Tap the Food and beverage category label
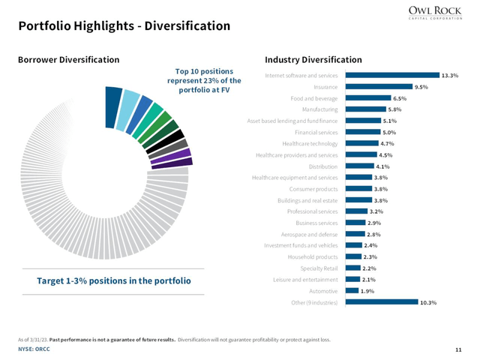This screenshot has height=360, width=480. (x=313, y=98)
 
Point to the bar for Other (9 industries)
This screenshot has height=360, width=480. (x=379, y=302)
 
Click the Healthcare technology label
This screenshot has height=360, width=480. (x=309, y=143)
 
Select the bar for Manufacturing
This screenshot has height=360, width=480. (x=364, y=109)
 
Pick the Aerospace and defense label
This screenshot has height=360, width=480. (x=307, y=234)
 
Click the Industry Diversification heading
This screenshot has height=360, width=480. (x=313, y=59)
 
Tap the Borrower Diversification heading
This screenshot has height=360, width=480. (x=68, y=59)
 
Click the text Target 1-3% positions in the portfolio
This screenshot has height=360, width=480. (x=114, y=280)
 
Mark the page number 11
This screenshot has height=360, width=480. (x=457, y=349)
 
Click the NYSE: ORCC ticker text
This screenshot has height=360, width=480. (x=34, y=349)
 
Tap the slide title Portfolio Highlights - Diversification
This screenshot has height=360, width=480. (x=124, y=26)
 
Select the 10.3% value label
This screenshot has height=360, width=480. (x=428, y=302)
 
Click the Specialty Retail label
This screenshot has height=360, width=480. (x=319, y=268)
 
